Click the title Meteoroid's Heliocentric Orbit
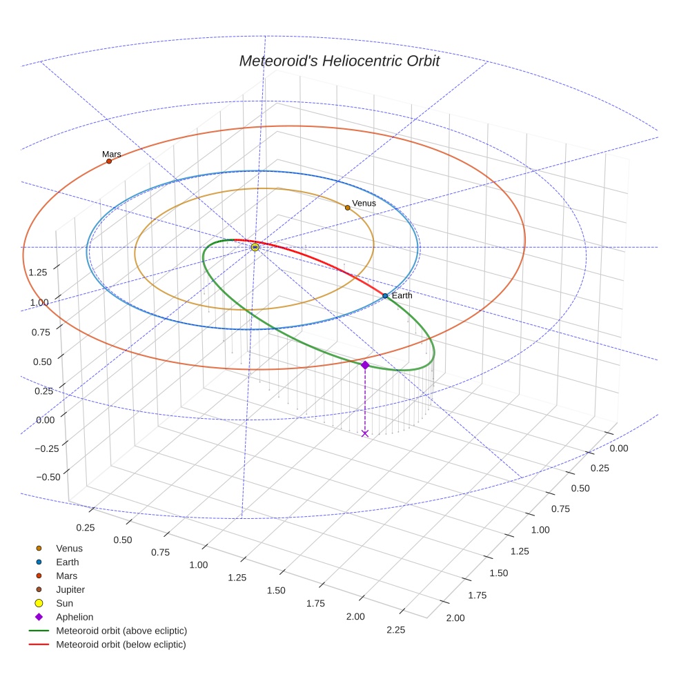coord(339,61)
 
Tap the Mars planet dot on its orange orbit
coord(109,161)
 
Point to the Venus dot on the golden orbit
coord(348,207)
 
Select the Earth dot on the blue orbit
coord(385,295)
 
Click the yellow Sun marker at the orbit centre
coord(255,246)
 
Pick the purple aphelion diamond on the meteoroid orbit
coord(365,364)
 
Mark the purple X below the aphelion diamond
coord(365,433)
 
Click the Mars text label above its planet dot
coord(112,155)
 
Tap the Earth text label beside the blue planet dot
coord(402,295)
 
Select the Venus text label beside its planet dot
coord(364,204)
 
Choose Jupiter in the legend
coord(70,589)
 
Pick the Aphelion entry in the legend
coord(74,617)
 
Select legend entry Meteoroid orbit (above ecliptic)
coord(121,631)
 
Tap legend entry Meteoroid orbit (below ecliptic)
coord(121,644)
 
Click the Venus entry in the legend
coord(69,548)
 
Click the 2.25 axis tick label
coord(396,629)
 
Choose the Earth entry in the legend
coord(67,562)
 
